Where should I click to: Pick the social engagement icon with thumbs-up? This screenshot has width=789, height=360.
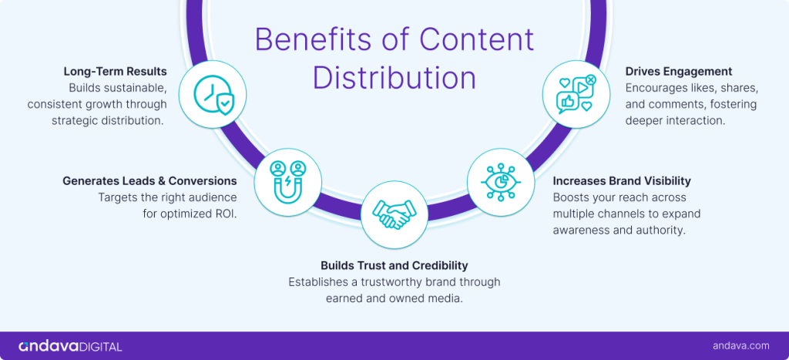pyautogui.click(x=576, y=95)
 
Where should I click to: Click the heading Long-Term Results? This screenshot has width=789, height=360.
pyautogui.click(x=115, y=72)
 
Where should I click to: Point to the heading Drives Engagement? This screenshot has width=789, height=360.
pyautogui.click(x=679, y=72)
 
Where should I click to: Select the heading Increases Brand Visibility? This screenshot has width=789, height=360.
pyautogui.click(x=622, y=181)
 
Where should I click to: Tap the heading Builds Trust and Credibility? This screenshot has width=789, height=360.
pyautogui.click(x=394, y=266)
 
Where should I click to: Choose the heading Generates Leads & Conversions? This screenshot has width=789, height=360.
pyautogui.click(x=149, y=181)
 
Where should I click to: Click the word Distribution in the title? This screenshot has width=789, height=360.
pyautogui.click(x=394, y=78)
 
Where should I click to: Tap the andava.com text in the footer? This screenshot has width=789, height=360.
pyautogui.click(x=741, y=346)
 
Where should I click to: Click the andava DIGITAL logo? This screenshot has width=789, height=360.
pyautogui.click(x=70, y=346)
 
